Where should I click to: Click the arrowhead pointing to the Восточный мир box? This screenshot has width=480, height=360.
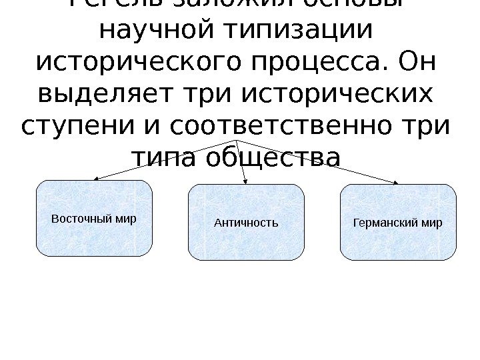(x=95, y=179)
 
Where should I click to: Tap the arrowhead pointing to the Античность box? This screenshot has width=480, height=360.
(x=246, y=181)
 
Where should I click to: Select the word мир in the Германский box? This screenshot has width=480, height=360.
(x=432, y=222)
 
